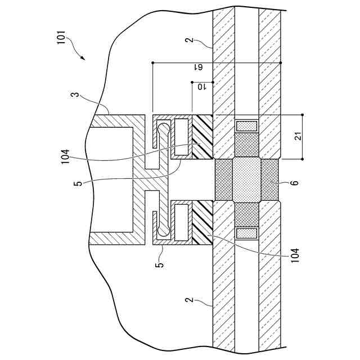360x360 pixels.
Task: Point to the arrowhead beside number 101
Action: click(x=83, y=57)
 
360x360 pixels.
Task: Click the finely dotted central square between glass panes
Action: click(x=246, y=180)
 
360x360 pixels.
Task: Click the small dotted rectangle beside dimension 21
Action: click(x=247, y=125)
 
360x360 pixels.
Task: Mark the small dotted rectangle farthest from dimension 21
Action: click(x=247, y=232)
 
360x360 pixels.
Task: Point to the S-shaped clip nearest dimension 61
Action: click(x=163, y=137)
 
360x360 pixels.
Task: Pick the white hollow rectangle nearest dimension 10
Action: click(x=182, y=135)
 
